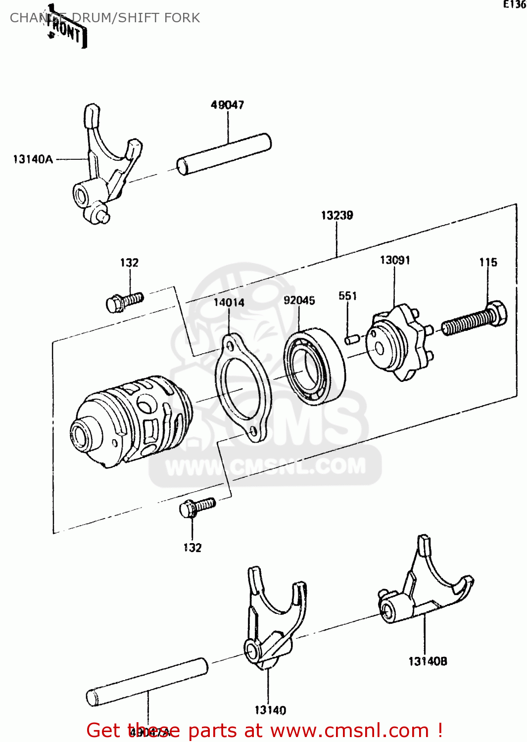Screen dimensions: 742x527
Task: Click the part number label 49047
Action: (x=227, y=105)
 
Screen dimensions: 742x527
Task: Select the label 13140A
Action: (x=33, y=159)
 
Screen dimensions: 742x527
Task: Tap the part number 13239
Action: (x=336, y=215)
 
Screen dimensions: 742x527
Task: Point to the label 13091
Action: (x=394, y=260)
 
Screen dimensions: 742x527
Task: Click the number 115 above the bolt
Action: (x=488, y=262)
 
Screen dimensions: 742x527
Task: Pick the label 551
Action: (x=347, y=296)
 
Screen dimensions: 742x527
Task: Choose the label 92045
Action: (x=299, y=301)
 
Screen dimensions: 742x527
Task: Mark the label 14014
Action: (x=229, y=302)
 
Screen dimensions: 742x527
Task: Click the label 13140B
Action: (x=428, y=661)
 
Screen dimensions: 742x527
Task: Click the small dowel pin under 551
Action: (x=352, y=339)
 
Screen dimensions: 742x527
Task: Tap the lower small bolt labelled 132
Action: (x=196, y=507)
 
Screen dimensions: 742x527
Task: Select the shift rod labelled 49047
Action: (x=224, y=154)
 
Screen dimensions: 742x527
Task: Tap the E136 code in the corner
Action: (x=514, y=4)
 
